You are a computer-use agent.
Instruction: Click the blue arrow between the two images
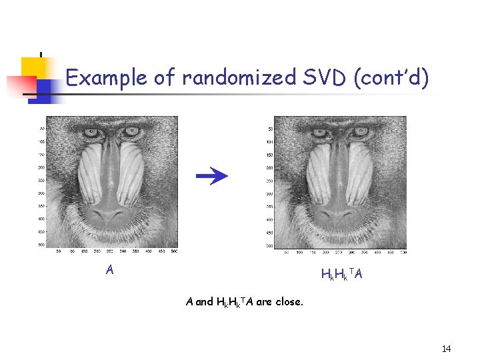(x=212, y=176)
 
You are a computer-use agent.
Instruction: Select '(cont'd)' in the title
(x=391, y=79)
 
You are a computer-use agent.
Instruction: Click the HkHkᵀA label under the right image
(x=341, y=274)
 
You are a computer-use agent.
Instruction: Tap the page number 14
(x=446, y=349)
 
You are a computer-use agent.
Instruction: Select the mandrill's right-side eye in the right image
(x=361, y=132)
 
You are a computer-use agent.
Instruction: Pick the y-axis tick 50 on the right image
(x=271, y=129)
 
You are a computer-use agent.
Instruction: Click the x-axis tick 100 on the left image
(x=73, y=251)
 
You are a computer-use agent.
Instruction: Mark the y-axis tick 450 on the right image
(x=270, y=233)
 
